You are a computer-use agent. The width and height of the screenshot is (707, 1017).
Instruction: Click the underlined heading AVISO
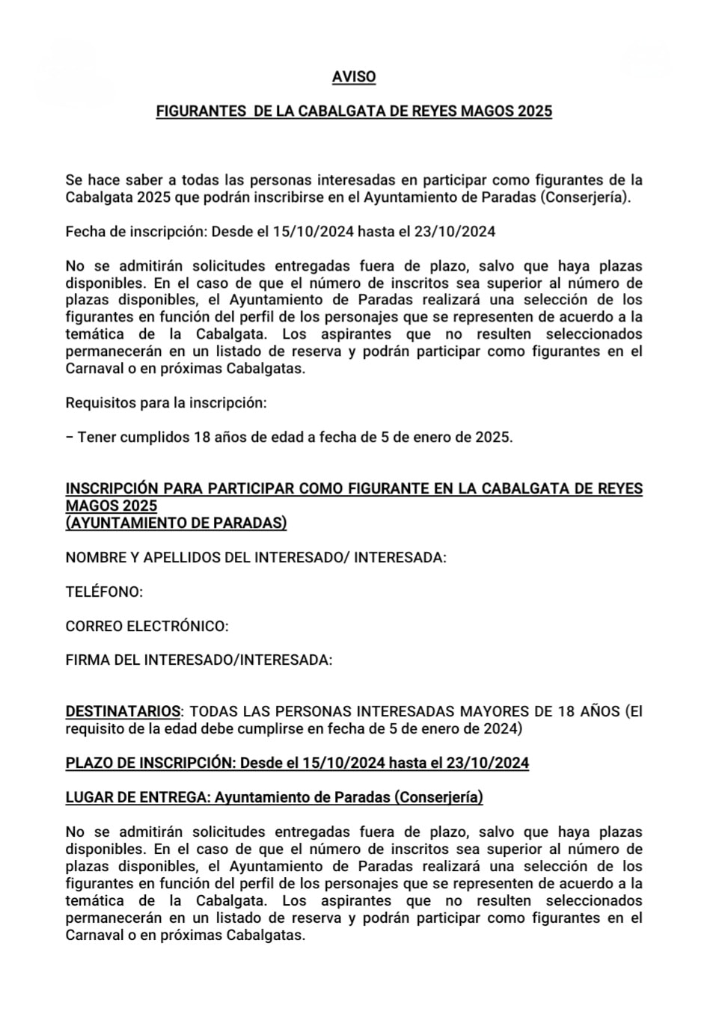pyautogui.click(x=354, y=77)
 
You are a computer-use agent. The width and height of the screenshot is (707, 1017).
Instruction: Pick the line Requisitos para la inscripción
pyautogui.click(x=166, y=403)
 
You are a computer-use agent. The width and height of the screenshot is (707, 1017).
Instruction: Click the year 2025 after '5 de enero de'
pyautogui.click(x=492, y=437)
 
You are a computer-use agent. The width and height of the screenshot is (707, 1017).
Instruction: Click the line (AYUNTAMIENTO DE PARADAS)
pyautogui.click(x=176, y=523)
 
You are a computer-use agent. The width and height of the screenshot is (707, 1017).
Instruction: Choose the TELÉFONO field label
pyautogui.click(x=104, y=592)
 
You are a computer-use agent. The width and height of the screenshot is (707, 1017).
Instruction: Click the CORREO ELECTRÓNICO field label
pyautogui.click(x=147, y=626)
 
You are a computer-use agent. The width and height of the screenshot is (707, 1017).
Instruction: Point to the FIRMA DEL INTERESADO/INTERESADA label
pyautogui.click(x=199, y=660)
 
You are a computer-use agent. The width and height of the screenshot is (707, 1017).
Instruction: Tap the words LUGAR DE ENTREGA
pyautogui.click(x=135, y=798)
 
